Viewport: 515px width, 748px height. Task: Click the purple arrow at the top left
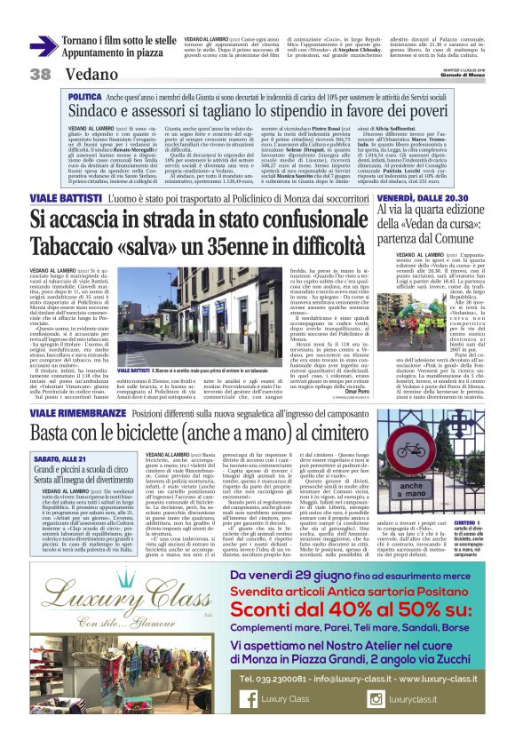pyautogui.click(x=44, y=45)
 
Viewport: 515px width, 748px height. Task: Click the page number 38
pyautogui.click(x=40, y=74)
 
